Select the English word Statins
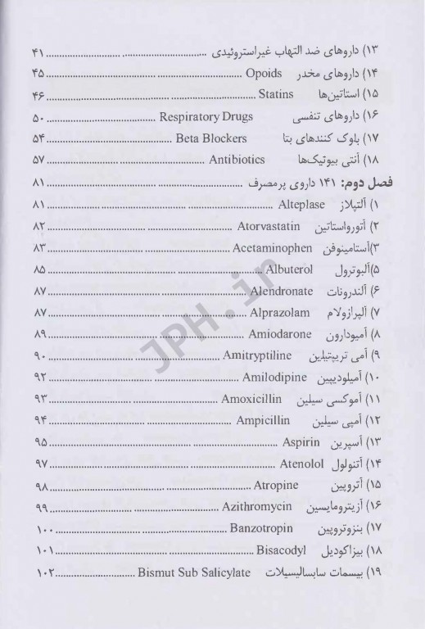[x=267, y=95]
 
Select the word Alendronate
[x=274, y=289]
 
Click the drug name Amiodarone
[x=269, y=333]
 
